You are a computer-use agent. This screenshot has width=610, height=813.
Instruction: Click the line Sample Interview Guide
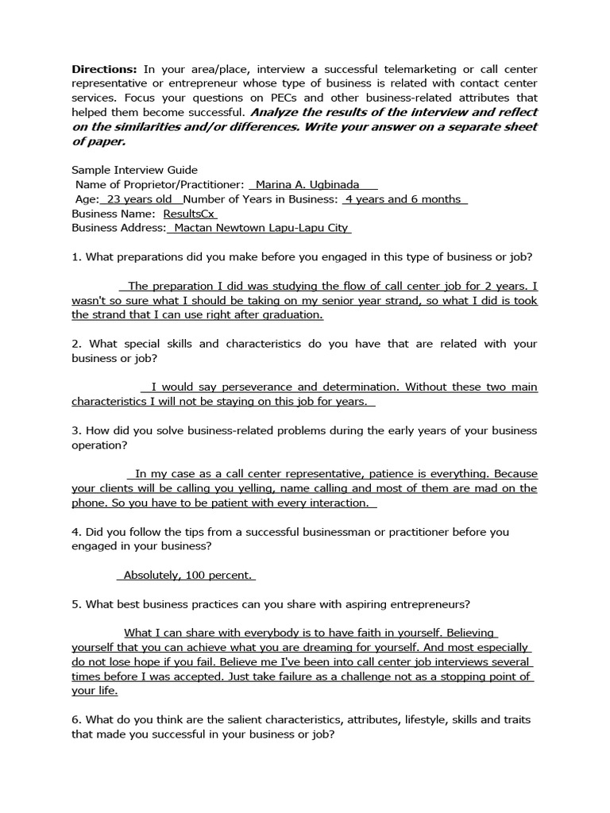click(x=134, y=170)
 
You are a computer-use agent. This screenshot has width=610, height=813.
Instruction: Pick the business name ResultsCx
click(x=189, y=214)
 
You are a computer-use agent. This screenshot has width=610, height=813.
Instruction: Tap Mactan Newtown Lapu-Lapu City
click(x=261, y=228)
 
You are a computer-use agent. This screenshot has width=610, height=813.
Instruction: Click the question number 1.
click(x=75, y=257)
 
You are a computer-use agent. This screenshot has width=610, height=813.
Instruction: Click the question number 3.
click(x=75, y=430)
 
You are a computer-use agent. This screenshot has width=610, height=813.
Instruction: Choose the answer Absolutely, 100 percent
click(x=189, y=576)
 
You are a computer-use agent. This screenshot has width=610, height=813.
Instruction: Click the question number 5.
click(x=75, y=604)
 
